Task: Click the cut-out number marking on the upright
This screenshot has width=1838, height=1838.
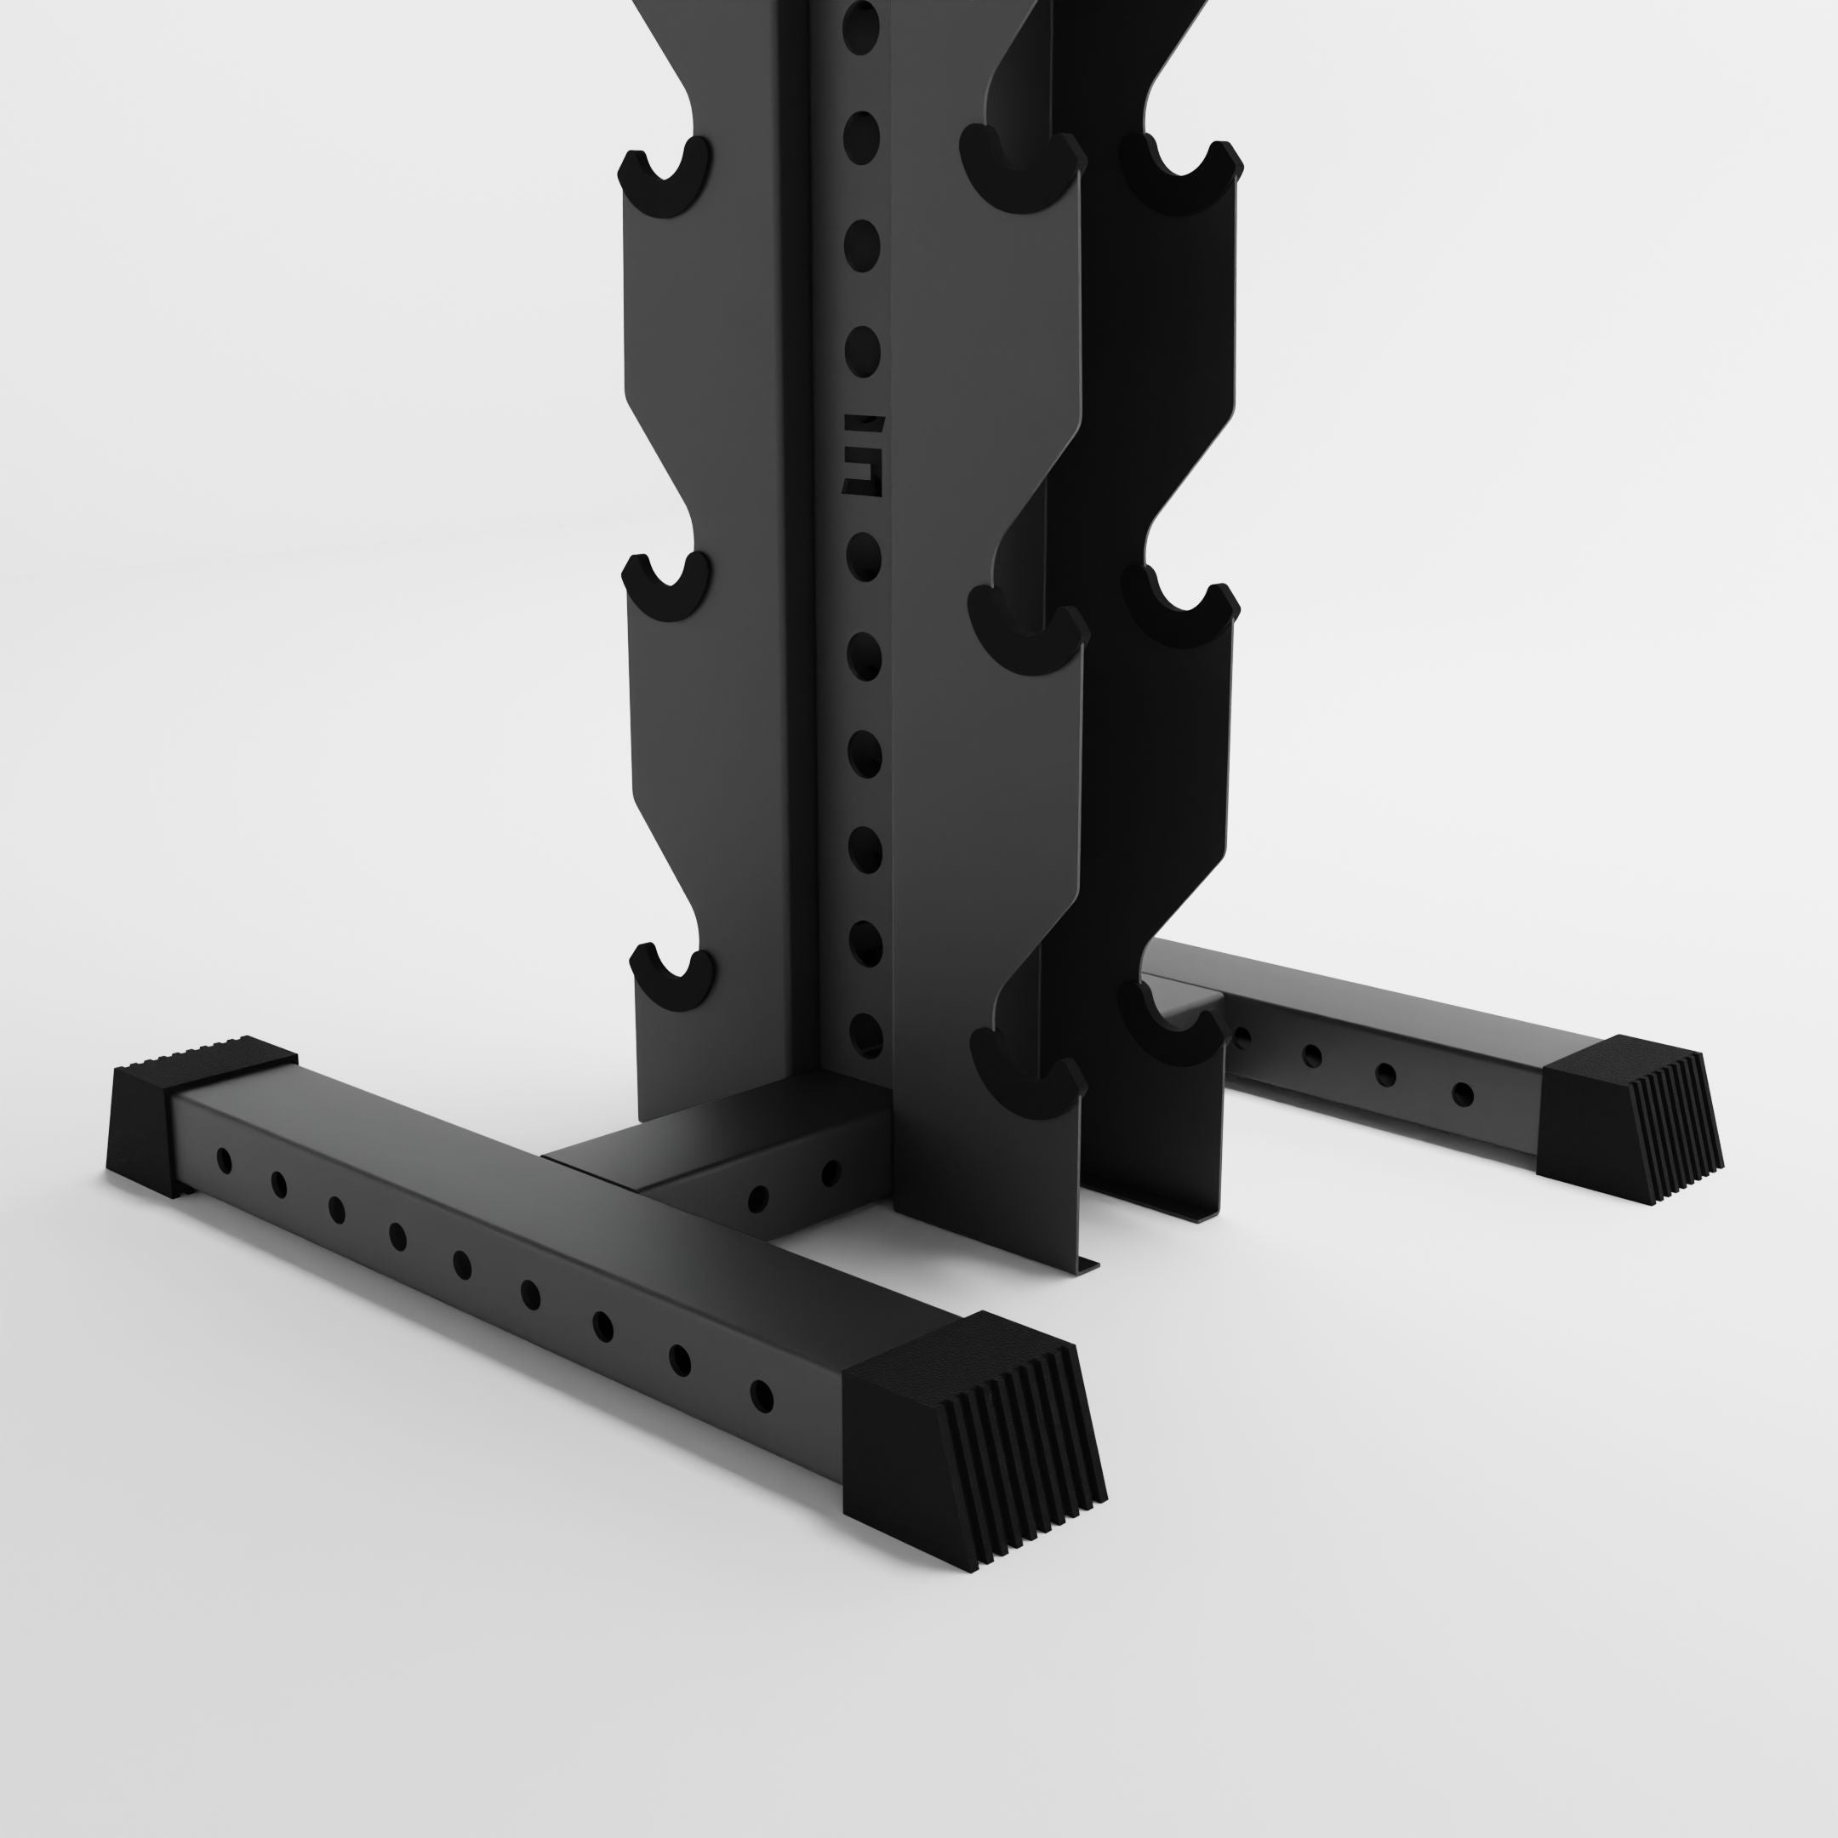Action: click(x=863, y=454)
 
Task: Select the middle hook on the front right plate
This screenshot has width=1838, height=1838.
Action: click(x=1027, y=627)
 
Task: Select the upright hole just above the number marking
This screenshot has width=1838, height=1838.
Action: click(x=862, y=347)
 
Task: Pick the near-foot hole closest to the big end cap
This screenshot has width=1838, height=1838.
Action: click(x=761, y=1396)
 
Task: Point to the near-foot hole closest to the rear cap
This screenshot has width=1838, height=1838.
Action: click(x=224, y=1160)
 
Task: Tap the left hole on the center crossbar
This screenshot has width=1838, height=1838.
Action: click(x=758, y=1198)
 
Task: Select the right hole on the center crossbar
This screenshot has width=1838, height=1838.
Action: click(x=831, y=1172)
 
